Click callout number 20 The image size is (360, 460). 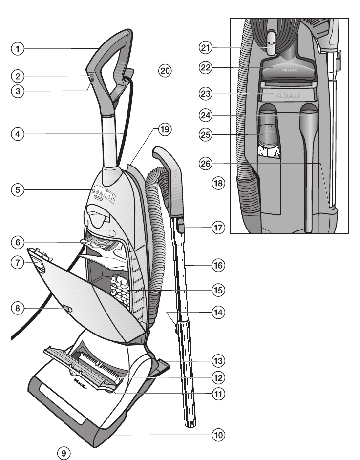click(x=165, y=70)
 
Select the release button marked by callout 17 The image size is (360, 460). click(x=181, y=225)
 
